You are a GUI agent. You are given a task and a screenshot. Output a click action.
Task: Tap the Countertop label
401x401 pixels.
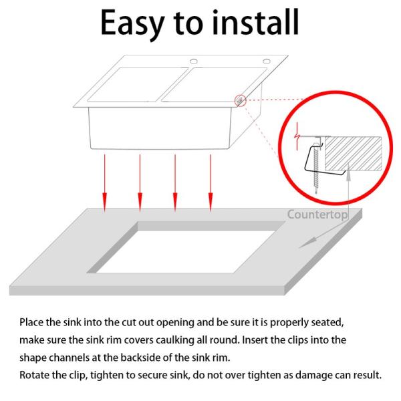point(317,215)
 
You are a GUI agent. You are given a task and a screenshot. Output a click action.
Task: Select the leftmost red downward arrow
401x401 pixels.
point(104,183)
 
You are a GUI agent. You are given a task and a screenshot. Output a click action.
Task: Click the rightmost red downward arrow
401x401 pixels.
point(211,183)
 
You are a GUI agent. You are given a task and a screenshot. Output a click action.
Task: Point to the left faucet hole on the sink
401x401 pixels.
point(194,61)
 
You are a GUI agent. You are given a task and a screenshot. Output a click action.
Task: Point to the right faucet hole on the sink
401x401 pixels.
point(267,61)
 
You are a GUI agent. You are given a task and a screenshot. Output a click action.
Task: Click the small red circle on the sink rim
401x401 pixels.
point(241,100)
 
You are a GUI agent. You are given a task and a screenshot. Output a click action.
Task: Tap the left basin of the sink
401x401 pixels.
point(138,85)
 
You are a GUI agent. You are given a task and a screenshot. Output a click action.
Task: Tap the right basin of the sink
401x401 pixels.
point(215,85)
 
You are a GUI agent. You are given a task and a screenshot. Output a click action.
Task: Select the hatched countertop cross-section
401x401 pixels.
point(353,154)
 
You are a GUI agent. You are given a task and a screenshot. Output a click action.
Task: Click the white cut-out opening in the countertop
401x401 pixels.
point(185,252)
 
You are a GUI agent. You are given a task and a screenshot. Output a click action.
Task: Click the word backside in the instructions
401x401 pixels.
point(140,358)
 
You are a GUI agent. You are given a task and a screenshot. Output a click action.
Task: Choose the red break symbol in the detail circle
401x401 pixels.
point(297,136)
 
